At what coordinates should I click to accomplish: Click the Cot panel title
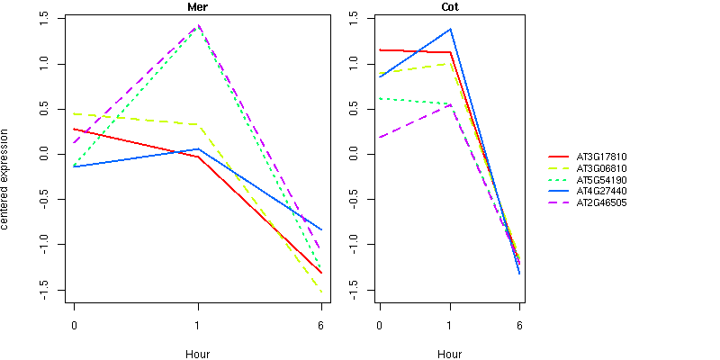pos(449,6)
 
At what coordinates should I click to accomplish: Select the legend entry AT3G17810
pos(601,157)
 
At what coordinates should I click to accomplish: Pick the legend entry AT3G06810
pos(601,168)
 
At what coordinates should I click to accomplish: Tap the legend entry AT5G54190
pos(601,180)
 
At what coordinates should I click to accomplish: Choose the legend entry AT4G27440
pos(601,192)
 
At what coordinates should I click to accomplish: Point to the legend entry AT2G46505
pos(601,203)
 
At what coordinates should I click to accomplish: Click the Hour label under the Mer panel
pos(198,354)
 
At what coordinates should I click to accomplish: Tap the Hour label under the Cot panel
pos(449,354)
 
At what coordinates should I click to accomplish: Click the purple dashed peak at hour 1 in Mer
pos(198,25)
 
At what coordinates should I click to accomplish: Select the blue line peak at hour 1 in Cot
pos(450,29)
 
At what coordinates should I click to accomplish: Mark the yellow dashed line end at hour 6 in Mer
pos(321,292)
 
